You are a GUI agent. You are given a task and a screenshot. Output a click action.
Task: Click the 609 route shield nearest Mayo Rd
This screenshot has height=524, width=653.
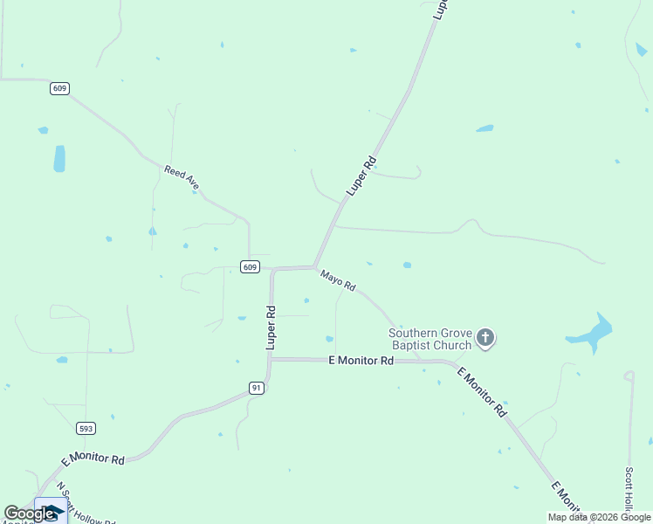coord(251,267)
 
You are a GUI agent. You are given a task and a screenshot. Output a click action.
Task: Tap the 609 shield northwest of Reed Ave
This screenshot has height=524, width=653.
coord(59,88)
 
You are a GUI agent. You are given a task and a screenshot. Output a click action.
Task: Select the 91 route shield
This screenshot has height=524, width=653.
coord(256,388)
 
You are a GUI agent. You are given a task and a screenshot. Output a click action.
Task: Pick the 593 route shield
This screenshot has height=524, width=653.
coord(86,428)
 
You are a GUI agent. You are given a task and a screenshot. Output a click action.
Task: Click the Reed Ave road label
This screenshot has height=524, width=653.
coord(182,177)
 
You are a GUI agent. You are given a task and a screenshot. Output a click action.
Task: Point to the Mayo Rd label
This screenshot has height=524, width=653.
coord(338,281)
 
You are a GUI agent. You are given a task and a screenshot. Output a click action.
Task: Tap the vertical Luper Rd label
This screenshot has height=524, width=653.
coord(272,328)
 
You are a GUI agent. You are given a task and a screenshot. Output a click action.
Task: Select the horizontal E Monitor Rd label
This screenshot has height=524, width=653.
coord(361,360)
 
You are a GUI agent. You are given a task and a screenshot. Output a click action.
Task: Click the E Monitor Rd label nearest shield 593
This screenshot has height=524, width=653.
coord(93,459)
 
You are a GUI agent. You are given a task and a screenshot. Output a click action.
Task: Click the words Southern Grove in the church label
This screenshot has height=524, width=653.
coord(430,333)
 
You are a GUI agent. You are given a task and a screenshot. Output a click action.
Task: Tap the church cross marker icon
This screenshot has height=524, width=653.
coord(486,337)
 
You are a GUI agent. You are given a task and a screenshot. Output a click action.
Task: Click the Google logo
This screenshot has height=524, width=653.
coord(28,514)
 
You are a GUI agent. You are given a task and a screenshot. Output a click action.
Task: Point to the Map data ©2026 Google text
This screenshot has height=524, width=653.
coord(600,517)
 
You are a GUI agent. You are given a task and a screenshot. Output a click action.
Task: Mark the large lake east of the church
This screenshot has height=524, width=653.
coord(591,334)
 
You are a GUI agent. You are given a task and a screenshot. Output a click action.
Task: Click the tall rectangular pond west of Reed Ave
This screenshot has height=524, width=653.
coord(59,158)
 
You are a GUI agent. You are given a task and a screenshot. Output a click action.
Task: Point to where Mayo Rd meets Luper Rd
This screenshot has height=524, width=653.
coord(314,267)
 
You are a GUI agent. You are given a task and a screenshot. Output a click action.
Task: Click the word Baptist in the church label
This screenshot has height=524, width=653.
coord(413,345)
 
